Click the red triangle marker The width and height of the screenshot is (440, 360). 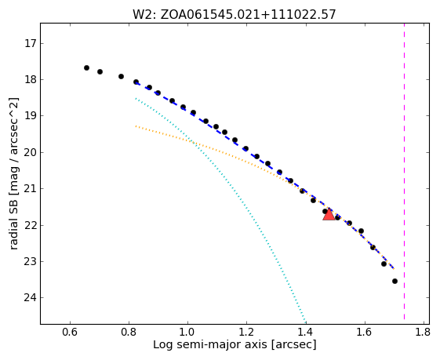[329, 215]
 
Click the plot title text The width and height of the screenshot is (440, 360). [235, 14]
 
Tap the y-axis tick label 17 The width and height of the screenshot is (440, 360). [31, 43]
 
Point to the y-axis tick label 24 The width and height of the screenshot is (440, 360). [31, 297]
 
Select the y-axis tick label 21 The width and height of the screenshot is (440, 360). [31, 188]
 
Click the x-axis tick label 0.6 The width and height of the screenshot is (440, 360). [70, 333]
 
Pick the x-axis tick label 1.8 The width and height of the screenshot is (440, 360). [423, 333]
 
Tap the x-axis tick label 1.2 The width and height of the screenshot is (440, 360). [246, 333]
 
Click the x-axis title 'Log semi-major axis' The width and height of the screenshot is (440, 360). [210, 344]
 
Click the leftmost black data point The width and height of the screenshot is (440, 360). [87, 68]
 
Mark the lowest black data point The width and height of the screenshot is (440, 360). [395, 281]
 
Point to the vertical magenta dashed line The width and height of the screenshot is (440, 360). [405, 171]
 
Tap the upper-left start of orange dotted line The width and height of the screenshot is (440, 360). [136, 126]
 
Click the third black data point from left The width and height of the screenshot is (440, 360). [122, 76]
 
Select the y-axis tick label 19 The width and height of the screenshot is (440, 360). [31, 115]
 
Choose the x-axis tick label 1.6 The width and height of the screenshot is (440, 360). [364, 333]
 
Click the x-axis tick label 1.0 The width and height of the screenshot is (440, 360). [187, 333]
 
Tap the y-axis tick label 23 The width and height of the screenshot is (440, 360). [31, 261]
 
